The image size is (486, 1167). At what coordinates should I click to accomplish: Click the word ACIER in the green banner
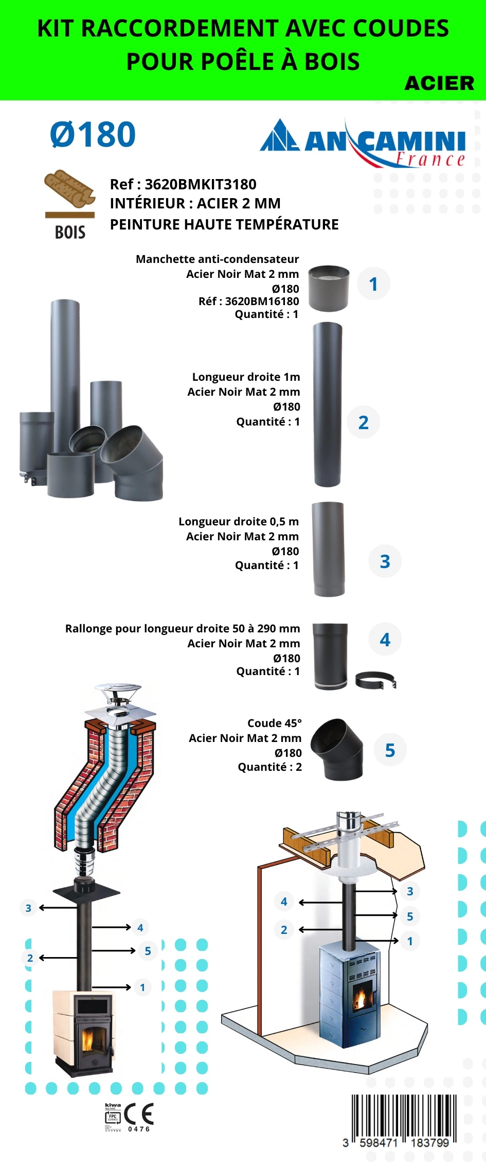coord(439,83)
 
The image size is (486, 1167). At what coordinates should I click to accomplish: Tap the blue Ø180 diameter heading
coord(93,135)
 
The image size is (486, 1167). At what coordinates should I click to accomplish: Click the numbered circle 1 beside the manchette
coord(373,284)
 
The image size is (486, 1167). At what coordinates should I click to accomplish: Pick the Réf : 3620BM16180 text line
coord(248,302)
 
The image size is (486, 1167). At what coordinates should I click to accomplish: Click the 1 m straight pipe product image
coord(328,404)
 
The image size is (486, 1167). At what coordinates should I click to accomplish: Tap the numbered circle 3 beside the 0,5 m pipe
coord(385,561)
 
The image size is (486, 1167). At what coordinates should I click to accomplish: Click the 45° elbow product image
coord(337,749)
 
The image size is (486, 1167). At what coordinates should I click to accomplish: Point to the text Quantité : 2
coord(269,767)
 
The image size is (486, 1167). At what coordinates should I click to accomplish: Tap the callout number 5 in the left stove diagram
coord(148,951)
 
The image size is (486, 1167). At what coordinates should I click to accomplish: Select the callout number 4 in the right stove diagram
coord(284,901)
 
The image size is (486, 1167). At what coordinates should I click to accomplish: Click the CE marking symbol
coord(139,1114)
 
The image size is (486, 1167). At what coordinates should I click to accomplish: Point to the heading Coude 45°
coord(275,723)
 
